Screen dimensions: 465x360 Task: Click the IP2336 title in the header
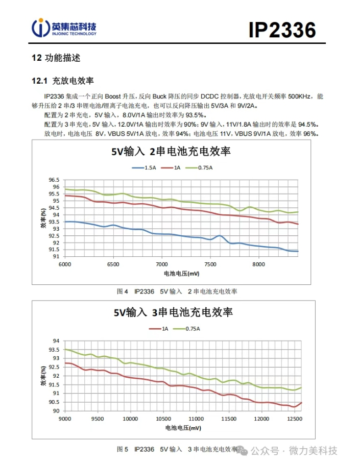pos(282,30)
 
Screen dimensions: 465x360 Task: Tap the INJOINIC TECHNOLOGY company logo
pos(63,29)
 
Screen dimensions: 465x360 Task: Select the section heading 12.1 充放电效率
pos(62,81)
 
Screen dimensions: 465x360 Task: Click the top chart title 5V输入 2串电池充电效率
pos(171,151)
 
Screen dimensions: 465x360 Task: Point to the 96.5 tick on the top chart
pos(54,180)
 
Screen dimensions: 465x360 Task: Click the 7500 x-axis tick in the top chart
pos(210,264)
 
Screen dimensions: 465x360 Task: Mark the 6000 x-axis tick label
pos(64,264)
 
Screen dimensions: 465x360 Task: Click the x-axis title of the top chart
pos(181,274)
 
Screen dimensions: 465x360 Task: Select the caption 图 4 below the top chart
pos(123,291)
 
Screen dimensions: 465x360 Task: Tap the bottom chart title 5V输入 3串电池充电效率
pos(173,312)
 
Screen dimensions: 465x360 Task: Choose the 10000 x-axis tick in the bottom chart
pos(131,419)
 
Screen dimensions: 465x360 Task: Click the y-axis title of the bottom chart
pos(43,376)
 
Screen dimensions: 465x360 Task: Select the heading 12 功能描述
pos(56,58)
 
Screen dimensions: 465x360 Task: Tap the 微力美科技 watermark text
pos(313,451)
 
